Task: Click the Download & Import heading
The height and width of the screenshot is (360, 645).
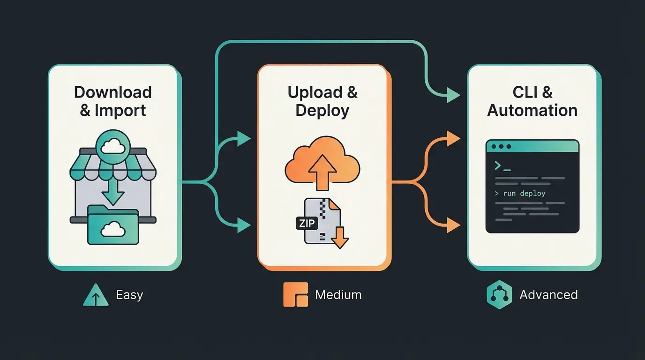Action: pos(112,101)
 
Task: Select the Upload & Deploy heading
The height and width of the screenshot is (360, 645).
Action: pos(322,101)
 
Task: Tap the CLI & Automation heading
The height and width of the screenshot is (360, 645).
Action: pos(532,101)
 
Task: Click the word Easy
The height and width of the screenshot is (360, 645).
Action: pos(129,295)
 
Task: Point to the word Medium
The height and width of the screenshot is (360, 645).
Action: pos(338,295)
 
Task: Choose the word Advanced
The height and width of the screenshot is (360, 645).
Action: pos(548,295)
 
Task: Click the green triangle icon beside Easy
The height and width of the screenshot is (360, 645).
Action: pos(96,295)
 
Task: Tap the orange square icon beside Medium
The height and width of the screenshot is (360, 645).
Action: pos(296,295)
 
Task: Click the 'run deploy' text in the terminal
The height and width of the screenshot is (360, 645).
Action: pos(524,193)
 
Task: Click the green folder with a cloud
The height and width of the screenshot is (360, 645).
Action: pos(112,227)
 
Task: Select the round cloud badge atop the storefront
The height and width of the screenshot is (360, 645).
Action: pos(112,147)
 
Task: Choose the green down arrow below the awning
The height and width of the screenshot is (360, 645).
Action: pos(112,193)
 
